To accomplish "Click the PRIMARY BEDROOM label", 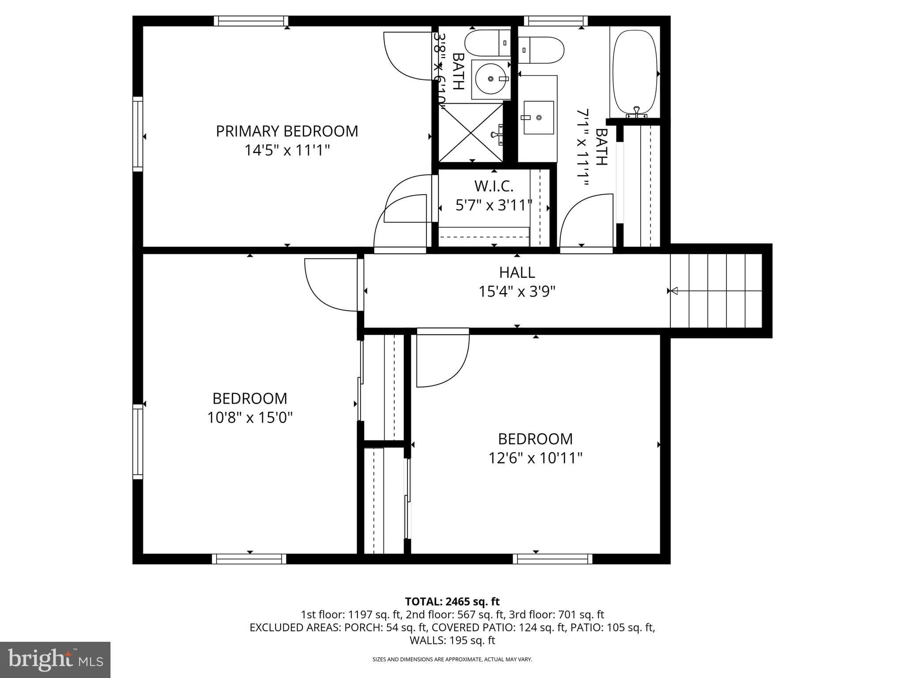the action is pyautogui.click(x=287, y=131).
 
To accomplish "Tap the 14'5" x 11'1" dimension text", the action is pyautogui.click(x=287, y=151).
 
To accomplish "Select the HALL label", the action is pyautogui.click(x=517, y=272).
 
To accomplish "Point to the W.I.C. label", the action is pyautogui.click(x=494, y=186).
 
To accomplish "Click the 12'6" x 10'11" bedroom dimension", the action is pyautogui.click(x=535, y=458).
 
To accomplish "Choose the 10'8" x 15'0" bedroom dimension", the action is pyautogui.click(x=250, y=418).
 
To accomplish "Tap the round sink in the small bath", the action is pyautogui.click(x=491, y=79).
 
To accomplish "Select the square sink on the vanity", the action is pyautogui.click(x=538, y=117).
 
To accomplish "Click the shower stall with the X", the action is pyautogui.click(x=471, y=133).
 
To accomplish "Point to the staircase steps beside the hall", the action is pyautogui.click(x=716, y=291).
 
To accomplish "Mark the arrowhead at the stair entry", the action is pyautogui.click(x=674, y=291).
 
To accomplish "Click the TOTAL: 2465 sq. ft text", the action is pyautogui.click(x=452, y=601).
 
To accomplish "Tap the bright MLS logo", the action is pyautogui.click(x=55, y=659).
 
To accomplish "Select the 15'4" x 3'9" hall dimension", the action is pyautogui.click(x=517, y=292).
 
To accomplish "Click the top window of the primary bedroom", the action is pyautogui.click(x=251, y=21).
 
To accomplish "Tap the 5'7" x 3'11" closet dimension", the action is pyautogui.click(x=494, y=205).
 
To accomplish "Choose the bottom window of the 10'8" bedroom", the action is pyautogui.click(x=249, y=559).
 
